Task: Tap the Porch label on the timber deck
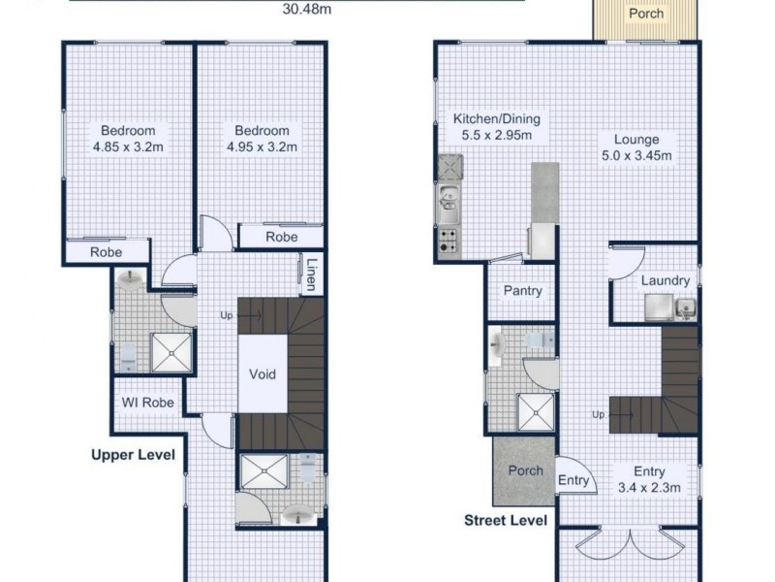[x=646, y=14]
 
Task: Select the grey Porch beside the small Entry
[x=524, y=471]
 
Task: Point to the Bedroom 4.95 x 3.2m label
[x=262, y=139]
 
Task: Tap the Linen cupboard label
[x=312, y=274]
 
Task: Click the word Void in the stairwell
[x=263, y=374]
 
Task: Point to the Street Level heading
[x=506, y=521]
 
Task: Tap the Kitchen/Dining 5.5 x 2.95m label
[x=496, y=127]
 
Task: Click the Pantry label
[x=522, y=291]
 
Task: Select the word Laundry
[x=665, y=281]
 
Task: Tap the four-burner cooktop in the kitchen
[x=449, y=240]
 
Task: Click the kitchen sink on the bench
[x=449, y=200]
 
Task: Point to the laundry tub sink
[x=685, y=310]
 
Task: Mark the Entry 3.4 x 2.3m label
[x=650, y=480]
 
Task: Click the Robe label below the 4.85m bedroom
[x=106, y=252]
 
